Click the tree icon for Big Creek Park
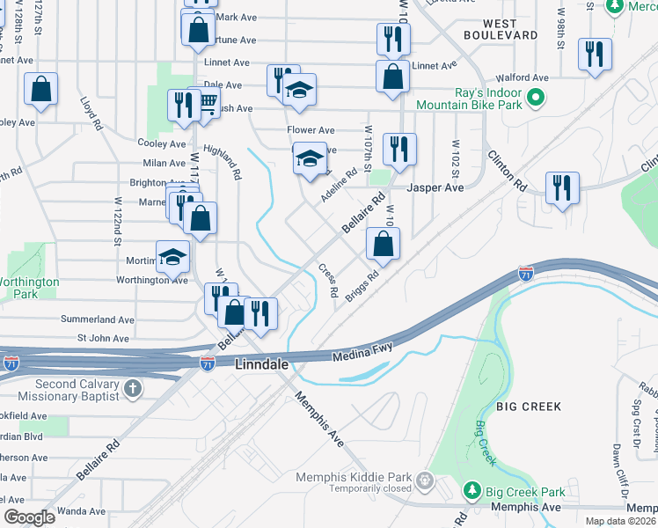pos(472,489)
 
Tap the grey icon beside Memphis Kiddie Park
pos(426,480)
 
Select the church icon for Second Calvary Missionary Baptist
pos(132,388)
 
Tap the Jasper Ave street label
pos(435,187)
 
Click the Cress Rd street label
pos(328,280)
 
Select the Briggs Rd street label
pos(362,286)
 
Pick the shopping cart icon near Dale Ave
pos(208,103)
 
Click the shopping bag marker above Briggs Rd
pos(383,245)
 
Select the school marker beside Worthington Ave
pos(173,257)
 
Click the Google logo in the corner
pos(29,517)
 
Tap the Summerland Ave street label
pos(97,319)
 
